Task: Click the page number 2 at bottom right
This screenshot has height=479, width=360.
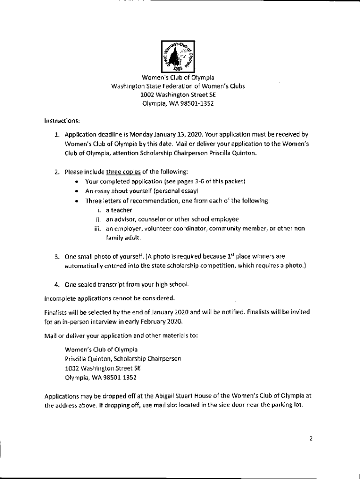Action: coord(310,438)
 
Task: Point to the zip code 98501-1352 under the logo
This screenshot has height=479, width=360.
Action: coord(195,103)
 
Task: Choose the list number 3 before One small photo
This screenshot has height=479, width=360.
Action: coord(56,257)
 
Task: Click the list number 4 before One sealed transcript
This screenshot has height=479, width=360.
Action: coord(56,284)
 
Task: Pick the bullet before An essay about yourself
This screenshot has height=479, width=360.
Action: coord(76,191)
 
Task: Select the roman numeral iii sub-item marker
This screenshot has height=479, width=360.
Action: coord(97,229)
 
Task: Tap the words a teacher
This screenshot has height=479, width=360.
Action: coord(119,210)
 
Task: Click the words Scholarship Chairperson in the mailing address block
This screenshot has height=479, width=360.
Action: coord(153,359)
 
